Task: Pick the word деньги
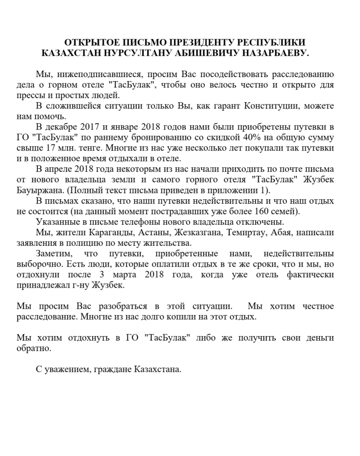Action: tap(319, 338)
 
